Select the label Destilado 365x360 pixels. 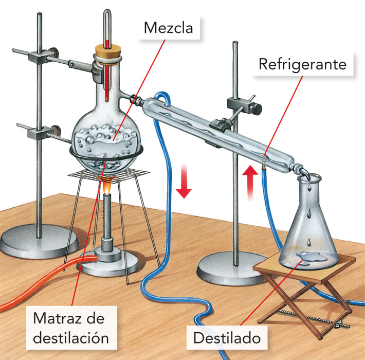point(227,338)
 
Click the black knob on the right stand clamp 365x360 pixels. point(255,106)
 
